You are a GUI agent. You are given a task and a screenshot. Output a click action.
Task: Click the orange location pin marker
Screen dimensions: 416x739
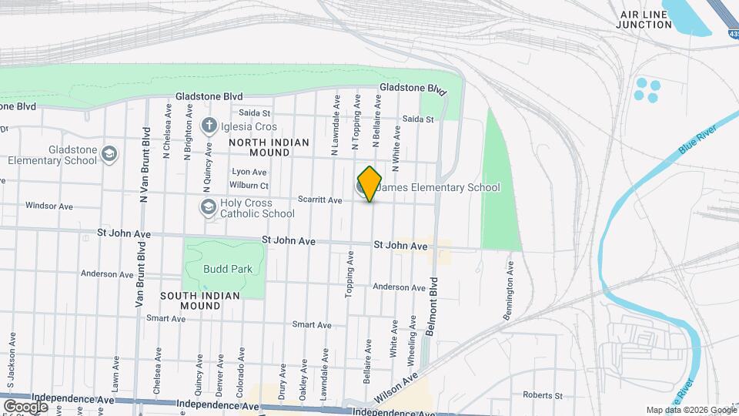pyautogui.click(x=369, y=184)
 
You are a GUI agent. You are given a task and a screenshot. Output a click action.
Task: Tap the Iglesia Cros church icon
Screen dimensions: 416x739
pyautogui.click(x=208, y=125)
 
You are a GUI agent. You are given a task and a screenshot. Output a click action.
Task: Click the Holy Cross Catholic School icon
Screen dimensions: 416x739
pyautogui.click(x=207, y=206)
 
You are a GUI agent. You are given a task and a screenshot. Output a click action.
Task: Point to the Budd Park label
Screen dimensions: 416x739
pyautogui.click(x=222, y=270)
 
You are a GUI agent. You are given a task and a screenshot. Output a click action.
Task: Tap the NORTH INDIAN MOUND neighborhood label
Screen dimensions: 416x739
pyautogui.click(x=269, y=147)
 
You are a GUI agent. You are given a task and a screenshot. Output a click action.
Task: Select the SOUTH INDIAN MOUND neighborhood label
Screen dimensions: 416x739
pyautogui.click(x=200, y=300)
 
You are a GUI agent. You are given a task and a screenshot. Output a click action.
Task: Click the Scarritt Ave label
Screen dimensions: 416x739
pyautogui.click(x=324, y=200)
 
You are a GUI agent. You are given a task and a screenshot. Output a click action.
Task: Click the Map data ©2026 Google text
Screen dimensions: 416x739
pyautogui.click(x=691, y=410)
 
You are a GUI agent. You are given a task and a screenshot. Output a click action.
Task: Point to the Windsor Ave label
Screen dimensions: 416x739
pyautogui.click(x=48, y=206)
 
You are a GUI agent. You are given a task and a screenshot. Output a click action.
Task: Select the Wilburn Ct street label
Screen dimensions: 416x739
pyautogui.click(x=248, y=186)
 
